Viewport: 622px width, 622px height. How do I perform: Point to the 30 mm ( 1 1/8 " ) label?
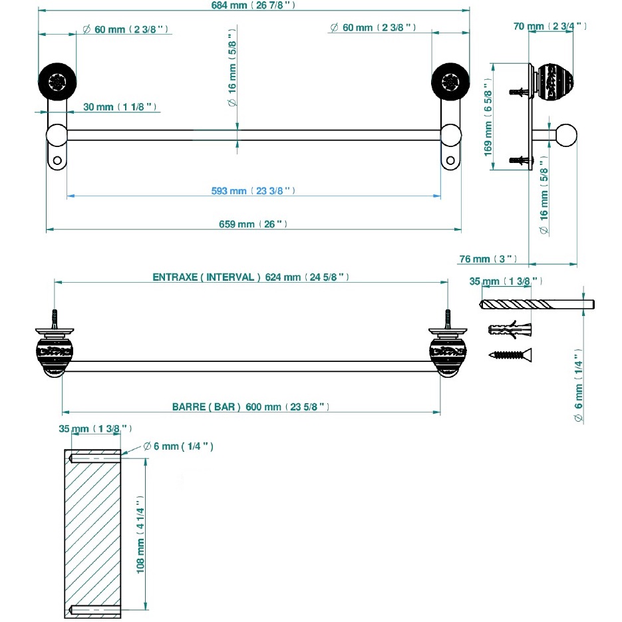click(120, 106)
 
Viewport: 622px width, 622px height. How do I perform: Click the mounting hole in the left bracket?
click(57, 160)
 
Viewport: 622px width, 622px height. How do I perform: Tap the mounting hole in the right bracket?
click(451, 160)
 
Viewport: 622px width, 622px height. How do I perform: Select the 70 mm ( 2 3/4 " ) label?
click(550, 26)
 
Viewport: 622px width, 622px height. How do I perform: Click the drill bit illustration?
click(536, 305)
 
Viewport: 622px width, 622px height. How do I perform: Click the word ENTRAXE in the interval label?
click(175, 277)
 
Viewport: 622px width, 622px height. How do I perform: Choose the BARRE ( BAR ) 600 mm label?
click(251, 406)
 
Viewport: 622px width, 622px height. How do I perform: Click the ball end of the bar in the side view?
click(566, 135)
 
